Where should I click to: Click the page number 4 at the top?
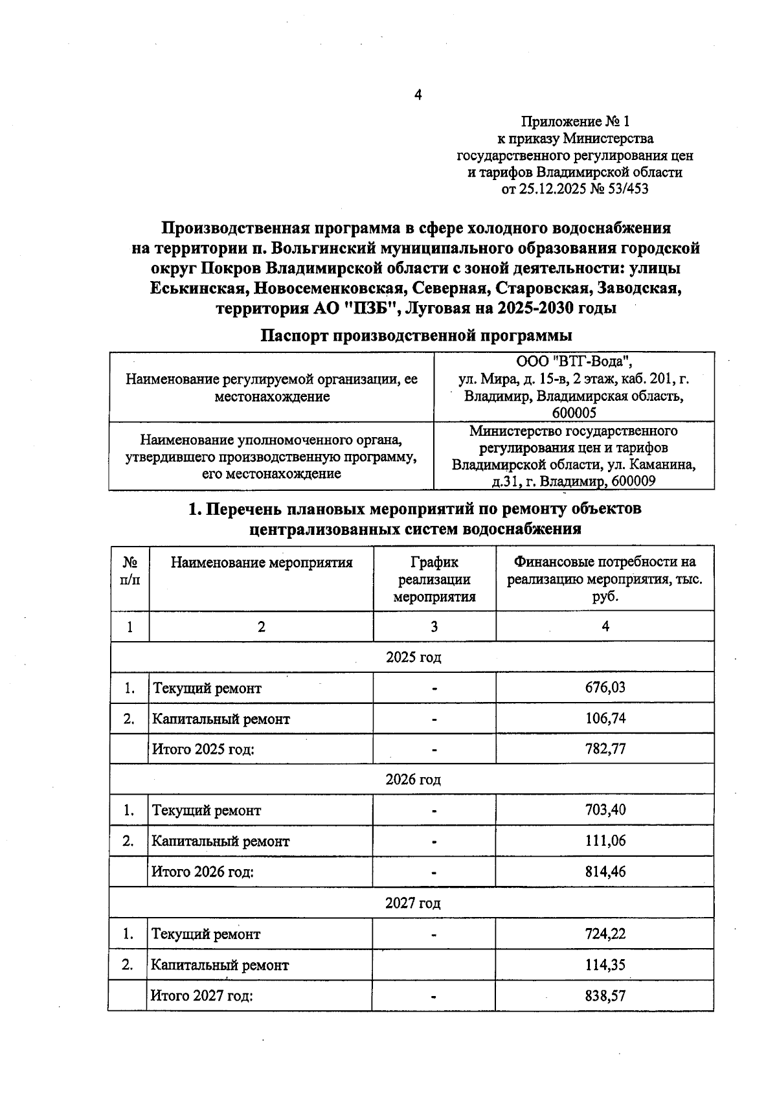coord(418,95)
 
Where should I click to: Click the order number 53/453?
coord(626,189)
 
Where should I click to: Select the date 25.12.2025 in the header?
coord(556,189)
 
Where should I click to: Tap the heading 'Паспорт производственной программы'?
coord(416,336)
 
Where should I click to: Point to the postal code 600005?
coord(574,413)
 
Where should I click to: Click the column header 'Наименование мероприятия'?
coord(262,563)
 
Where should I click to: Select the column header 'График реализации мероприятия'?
coord(434,580)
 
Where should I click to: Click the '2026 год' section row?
coord(413,780)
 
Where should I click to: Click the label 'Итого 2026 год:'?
coord(203,872)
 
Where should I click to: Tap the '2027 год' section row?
coord(413,903)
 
